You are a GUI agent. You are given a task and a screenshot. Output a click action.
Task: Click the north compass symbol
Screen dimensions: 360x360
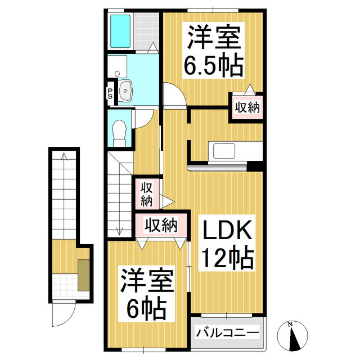coord(291,336)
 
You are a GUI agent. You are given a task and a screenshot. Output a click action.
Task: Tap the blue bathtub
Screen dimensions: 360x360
coord(120,31)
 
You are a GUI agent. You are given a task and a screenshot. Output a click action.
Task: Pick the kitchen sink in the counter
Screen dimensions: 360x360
coord(224,151)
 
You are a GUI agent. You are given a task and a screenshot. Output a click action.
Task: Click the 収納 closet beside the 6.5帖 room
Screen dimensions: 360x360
coord(247,106)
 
